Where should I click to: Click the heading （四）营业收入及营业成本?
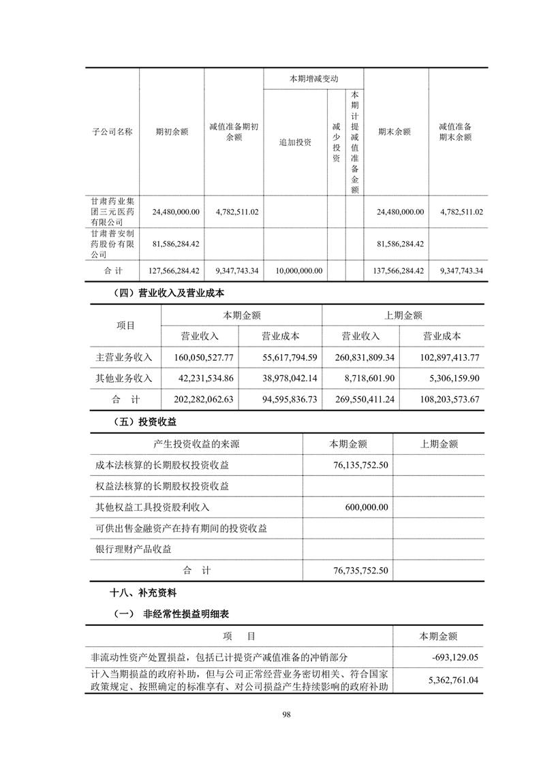tap(166, 293)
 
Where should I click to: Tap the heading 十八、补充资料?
tap(137, 593)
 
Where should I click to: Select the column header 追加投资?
tap(295, 142)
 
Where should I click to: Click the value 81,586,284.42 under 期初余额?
tap(174, 244)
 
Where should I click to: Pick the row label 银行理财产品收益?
tap(134, 549)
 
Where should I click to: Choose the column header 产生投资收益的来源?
tap(197, 444)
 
